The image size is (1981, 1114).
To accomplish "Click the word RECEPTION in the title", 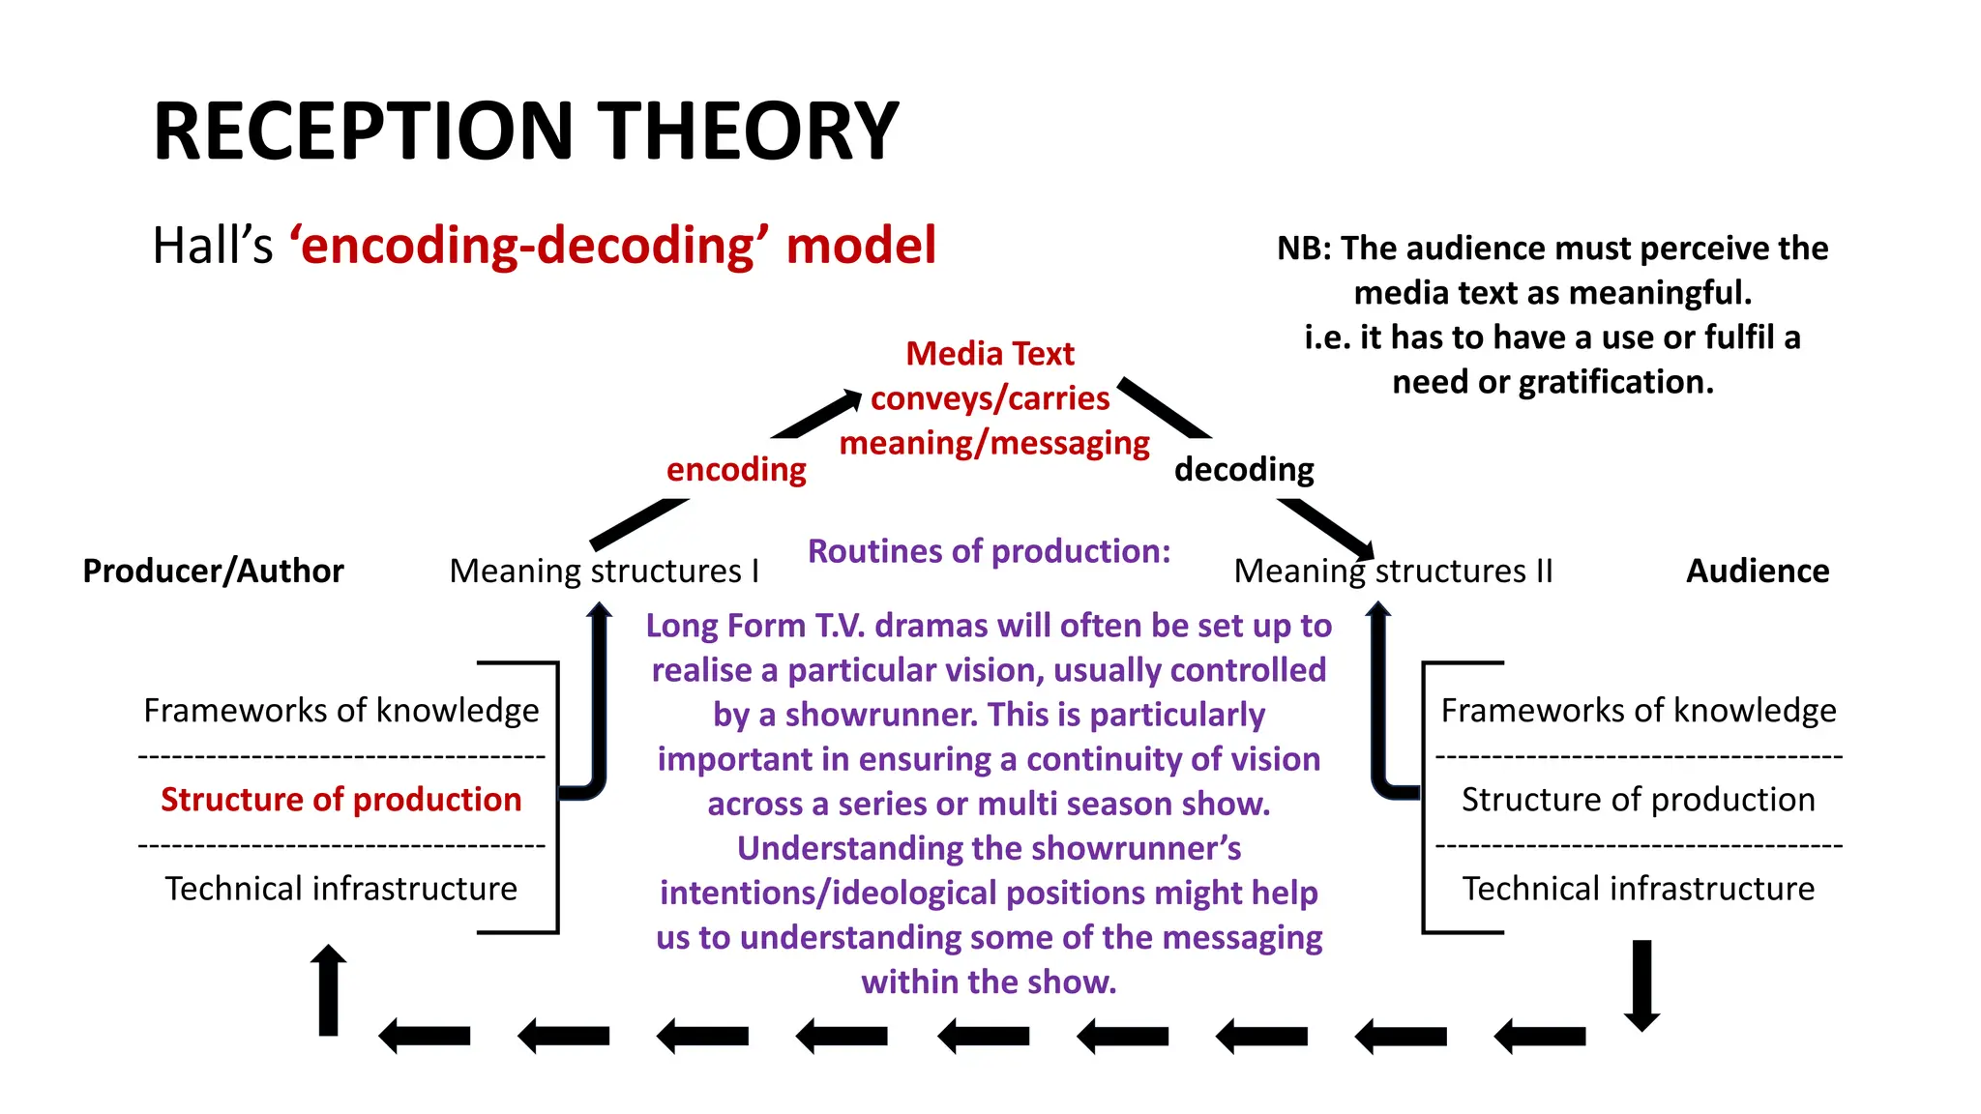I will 364,132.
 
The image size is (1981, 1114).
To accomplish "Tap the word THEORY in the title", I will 748,132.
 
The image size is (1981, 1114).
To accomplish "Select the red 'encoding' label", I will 736,470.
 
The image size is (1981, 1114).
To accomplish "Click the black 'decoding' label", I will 1244,470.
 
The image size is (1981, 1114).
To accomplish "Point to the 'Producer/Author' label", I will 213,572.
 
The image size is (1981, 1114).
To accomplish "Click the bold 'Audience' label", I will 1758,572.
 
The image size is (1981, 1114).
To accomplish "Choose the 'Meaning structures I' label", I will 604,572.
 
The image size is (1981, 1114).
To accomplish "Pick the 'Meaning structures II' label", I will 1393,572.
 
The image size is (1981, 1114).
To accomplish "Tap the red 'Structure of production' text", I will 340,800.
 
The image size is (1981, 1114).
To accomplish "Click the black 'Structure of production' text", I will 1638,800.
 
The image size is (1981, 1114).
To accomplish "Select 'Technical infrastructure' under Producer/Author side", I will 340,889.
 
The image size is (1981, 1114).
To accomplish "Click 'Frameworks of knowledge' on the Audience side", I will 1638,711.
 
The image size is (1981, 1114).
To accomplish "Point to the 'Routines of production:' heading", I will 989,551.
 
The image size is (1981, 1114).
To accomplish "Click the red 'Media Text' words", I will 990,354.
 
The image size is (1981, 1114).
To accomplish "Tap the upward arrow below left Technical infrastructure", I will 329,990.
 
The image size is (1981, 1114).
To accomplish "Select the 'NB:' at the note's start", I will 1304,249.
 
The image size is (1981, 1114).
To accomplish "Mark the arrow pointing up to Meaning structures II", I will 1379,696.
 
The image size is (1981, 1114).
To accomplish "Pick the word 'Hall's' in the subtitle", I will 213,246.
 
